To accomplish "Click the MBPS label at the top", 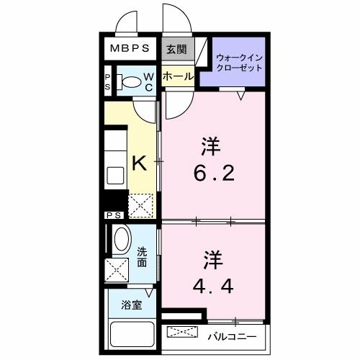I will click(130, 49).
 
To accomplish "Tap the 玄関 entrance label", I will click(176, 49).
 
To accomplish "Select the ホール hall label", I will click(177, 76).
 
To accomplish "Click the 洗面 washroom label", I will click(143, 257).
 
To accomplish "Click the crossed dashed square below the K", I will click(140, 204).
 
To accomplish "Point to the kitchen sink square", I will click(115, 175).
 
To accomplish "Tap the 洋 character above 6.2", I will click(210, 147).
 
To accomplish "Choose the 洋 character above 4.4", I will click(210, 257).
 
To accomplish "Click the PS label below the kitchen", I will click(114, 215).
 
